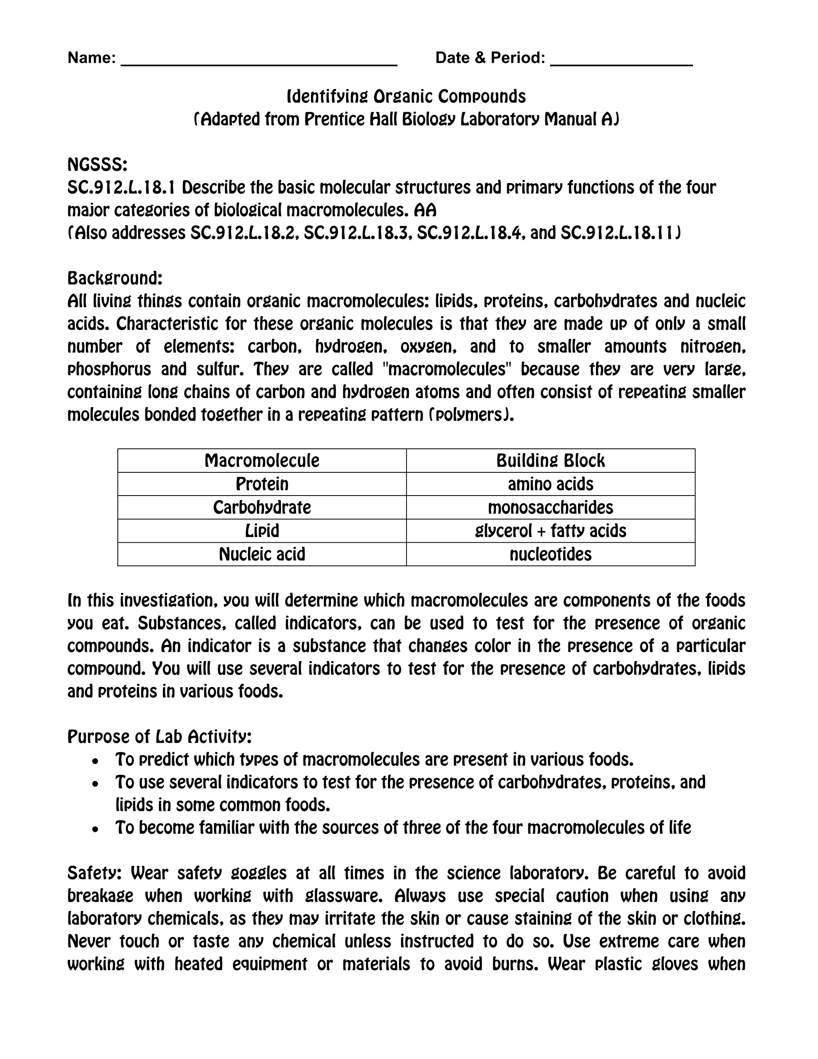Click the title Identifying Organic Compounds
pos(406,96)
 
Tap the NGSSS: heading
pos(97,165)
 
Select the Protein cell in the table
pos(262,484)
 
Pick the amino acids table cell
pos(550,484)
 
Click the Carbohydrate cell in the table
pos(262,507)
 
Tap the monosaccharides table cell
pos(550,507)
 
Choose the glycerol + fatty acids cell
pos(550,530)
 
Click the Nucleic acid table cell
pos(262,554)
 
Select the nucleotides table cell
pos(550,554)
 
